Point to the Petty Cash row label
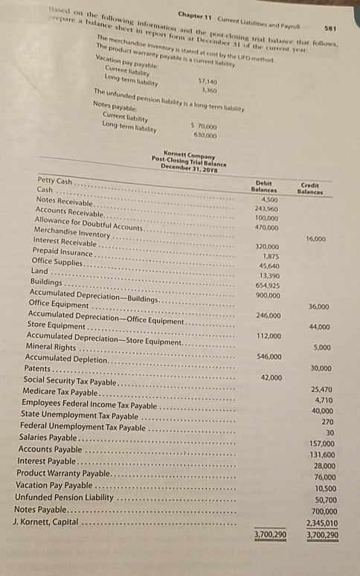54,182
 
